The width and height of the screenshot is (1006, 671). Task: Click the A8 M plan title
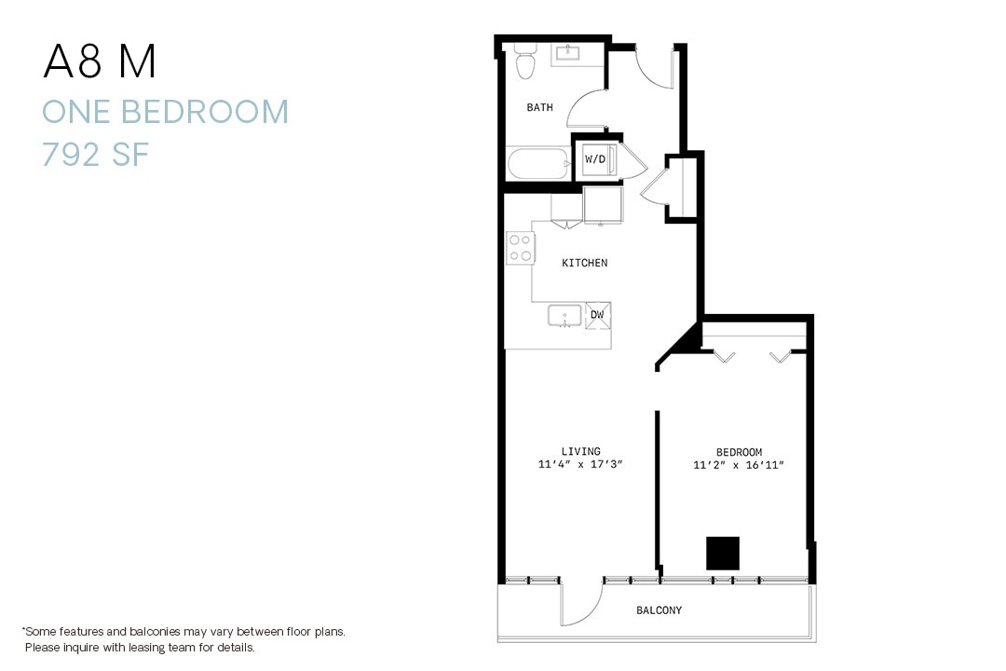[100, 62]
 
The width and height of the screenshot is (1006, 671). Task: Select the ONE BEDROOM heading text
[165, 112]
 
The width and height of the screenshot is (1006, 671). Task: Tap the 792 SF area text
[95, 154]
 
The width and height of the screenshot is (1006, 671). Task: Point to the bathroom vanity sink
[566, 54]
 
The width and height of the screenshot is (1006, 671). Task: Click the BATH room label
[539, 107]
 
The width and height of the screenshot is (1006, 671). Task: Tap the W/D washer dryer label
[595, 159]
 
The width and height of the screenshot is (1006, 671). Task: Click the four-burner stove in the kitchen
[520, 248]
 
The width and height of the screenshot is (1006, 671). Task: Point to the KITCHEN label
[584, 263]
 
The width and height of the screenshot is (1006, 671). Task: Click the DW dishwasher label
[597, 315]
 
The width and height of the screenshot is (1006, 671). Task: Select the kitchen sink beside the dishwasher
[564, 317]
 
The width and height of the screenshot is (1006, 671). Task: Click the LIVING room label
[580, 452]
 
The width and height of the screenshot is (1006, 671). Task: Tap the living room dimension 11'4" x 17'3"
[580, 464]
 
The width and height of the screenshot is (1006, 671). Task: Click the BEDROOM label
[739, 452]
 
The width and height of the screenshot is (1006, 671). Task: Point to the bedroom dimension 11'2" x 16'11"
[739, 464]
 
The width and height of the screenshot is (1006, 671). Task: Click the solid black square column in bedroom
[722, 553]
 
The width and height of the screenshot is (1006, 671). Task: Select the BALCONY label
[659, 610]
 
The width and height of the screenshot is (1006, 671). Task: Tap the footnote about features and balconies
[184, 638]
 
